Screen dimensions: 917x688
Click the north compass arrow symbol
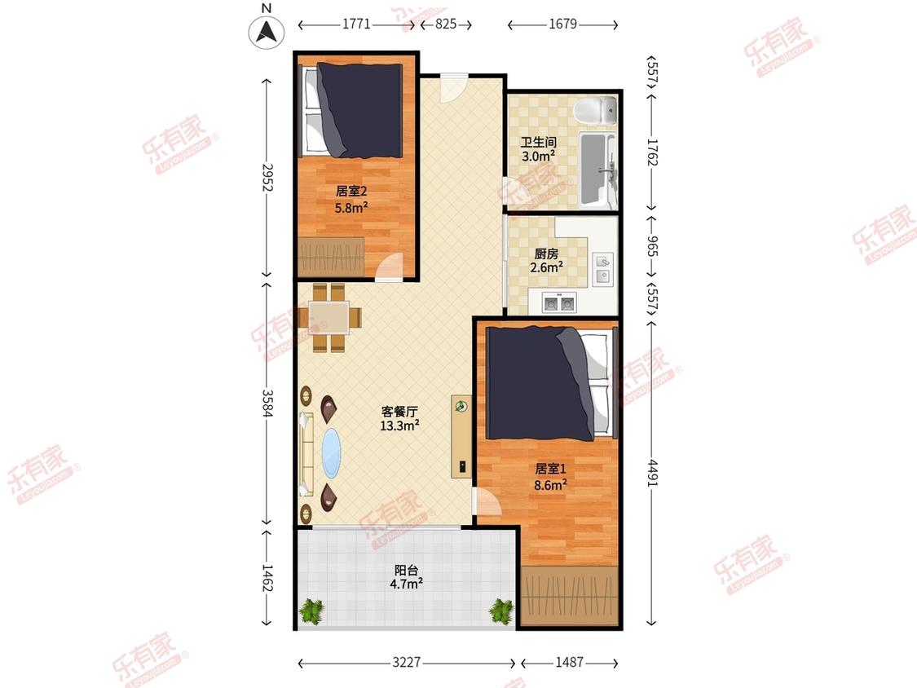click(x=267, y=32)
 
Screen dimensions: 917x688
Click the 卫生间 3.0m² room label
click(x=539, y=149)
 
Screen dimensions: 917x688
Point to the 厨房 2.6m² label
click(x=546, y=261)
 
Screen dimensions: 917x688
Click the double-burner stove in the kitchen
click(x=558, y=302)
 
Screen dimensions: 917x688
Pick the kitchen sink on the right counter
click(x=602, y=268)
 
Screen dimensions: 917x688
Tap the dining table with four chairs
click(x=328, y=318)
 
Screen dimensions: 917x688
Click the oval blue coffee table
click(x=332, y=452)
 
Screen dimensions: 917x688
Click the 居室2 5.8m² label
click(x=350, y=200)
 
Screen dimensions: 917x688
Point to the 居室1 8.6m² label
click(x=550, y=477)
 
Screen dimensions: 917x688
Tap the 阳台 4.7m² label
click(x=407, y=577)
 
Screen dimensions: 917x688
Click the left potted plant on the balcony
click(x=311, y=612)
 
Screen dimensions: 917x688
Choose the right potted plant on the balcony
click(x=501, y=611)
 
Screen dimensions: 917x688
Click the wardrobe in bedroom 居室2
click(x=331, y=256)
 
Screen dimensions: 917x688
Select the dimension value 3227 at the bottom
click(x=407, y=662)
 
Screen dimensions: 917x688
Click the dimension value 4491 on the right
click(x=653, y=474)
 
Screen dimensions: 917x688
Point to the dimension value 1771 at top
click(x=356, y=24)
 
